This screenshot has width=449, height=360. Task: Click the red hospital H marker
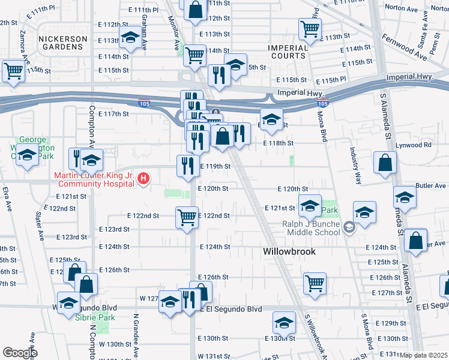[x=143, y=178]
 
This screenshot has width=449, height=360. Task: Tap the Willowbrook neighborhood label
[x=289, y=252]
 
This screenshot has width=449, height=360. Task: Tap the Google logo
[x=20, y=353]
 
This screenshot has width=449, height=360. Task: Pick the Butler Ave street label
[x=432, y=186]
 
